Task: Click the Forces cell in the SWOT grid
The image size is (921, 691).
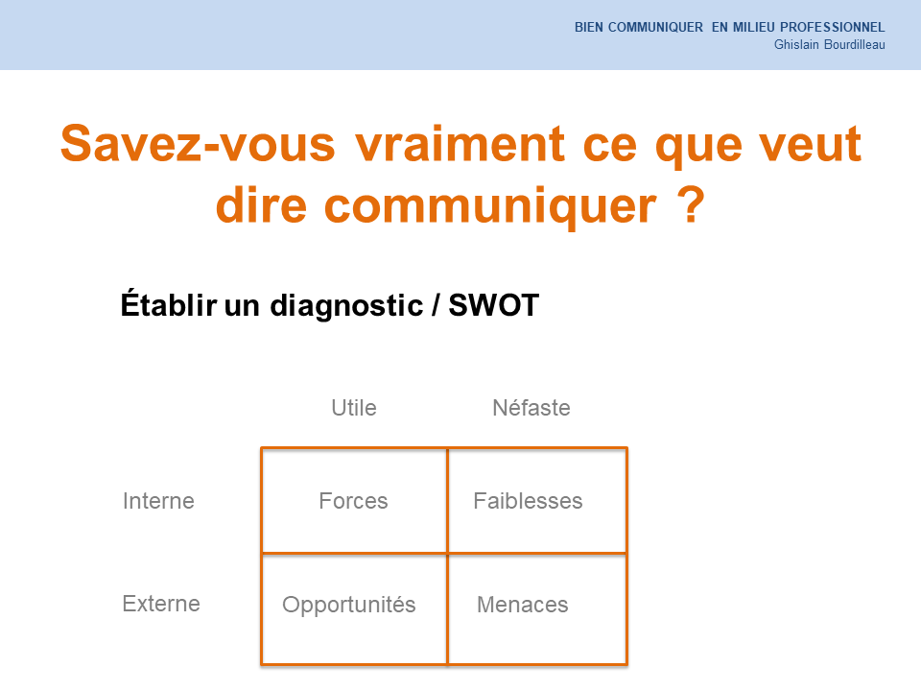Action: [x=354, y=501]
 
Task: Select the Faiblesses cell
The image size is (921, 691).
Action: [x=537, y=501]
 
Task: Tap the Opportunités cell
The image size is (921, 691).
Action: [x=354, y=609]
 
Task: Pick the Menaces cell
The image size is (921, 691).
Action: [x=537, y=609]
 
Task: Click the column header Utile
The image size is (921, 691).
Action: [x=354, y=408]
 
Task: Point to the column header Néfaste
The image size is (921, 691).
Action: [x=531, y=408]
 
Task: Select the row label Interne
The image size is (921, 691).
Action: [x=158, y=501]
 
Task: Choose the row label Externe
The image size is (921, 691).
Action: [x=161, y=604]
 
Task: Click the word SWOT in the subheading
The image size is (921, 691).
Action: [x=493, y=305]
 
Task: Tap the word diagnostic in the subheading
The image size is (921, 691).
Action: [x=346, y=306]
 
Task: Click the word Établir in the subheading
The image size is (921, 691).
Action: [x=169, y=304]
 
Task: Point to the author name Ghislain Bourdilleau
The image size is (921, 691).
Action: [x=829, y=45]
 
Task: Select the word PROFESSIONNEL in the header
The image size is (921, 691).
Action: [x=833, y=27]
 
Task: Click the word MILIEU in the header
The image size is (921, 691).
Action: [x=754, y=27]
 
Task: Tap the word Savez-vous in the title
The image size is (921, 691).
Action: [x=198, y=143]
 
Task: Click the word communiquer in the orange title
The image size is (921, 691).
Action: [x=490, y=206]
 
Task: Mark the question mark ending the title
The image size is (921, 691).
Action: [x=691, y=203]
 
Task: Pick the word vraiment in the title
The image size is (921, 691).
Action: [x=460, y=143]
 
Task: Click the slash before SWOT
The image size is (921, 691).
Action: [x=435, y=305]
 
